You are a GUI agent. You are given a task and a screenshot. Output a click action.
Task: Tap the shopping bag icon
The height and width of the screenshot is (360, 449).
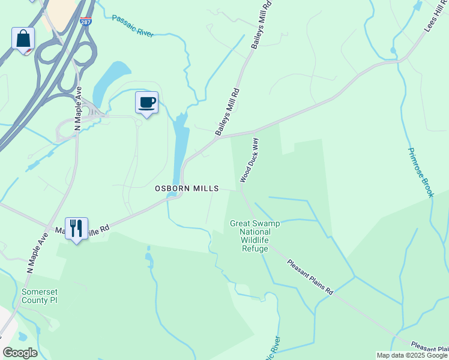coord(23,39)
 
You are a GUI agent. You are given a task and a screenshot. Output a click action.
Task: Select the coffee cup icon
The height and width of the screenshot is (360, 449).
coord(146,103)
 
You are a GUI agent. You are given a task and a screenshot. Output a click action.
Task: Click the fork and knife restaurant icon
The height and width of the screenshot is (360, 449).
coord(76,229)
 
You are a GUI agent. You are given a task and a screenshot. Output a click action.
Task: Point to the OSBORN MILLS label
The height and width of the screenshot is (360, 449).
coord(187,188)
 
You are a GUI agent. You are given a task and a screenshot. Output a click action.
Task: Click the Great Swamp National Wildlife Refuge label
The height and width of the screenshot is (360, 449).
coord(255,236)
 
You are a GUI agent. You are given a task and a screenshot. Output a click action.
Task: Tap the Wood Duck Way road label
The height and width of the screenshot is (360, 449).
coord(249,160)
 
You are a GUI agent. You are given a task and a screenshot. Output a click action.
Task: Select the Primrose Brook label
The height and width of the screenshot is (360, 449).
coord(420,172)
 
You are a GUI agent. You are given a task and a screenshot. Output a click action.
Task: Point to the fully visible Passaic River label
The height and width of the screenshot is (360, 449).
coord(133,25)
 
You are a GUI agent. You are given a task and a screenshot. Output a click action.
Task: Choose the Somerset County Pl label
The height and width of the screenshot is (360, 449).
coord(40,296)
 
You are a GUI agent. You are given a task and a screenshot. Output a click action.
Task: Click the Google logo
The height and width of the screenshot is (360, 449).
coord(20,353)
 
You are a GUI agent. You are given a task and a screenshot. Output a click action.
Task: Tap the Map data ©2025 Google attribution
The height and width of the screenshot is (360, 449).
coord(412,355)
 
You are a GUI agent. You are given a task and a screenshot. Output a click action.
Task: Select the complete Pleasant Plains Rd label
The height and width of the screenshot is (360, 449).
coord(310,277)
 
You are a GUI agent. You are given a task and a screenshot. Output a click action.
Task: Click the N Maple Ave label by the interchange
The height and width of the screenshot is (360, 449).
coord(77,108)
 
